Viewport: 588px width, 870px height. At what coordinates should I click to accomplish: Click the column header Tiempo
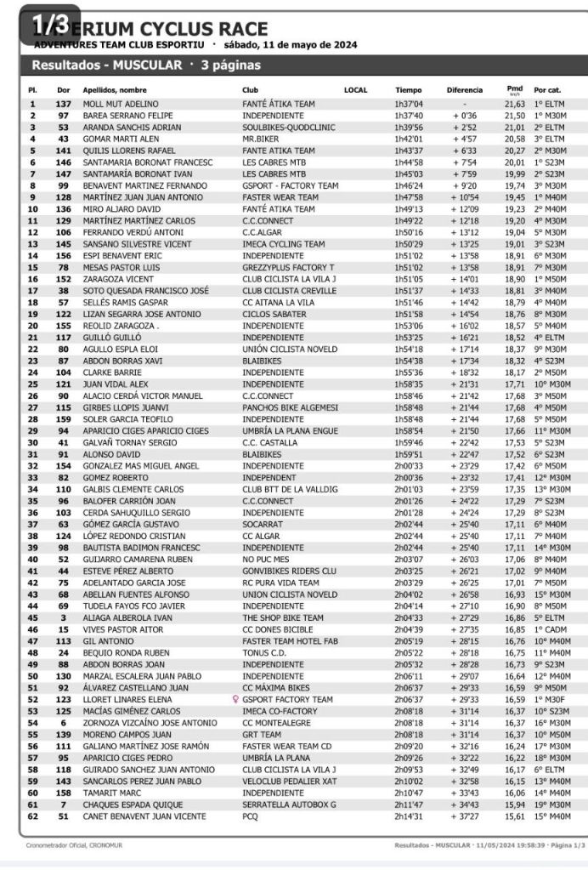coord(408,89)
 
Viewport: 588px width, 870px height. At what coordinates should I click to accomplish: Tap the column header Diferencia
coord(464,89)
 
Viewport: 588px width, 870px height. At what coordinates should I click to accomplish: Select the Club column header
coord(250,89)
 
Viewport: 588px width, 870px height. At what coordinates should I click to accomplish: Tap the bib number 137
coord(63,104)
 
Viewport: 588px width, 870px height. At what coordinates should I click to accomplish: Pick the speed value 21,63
coord(515,104)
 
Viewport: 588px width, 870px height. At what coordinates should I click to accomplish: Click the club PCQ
coord(250,818)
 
